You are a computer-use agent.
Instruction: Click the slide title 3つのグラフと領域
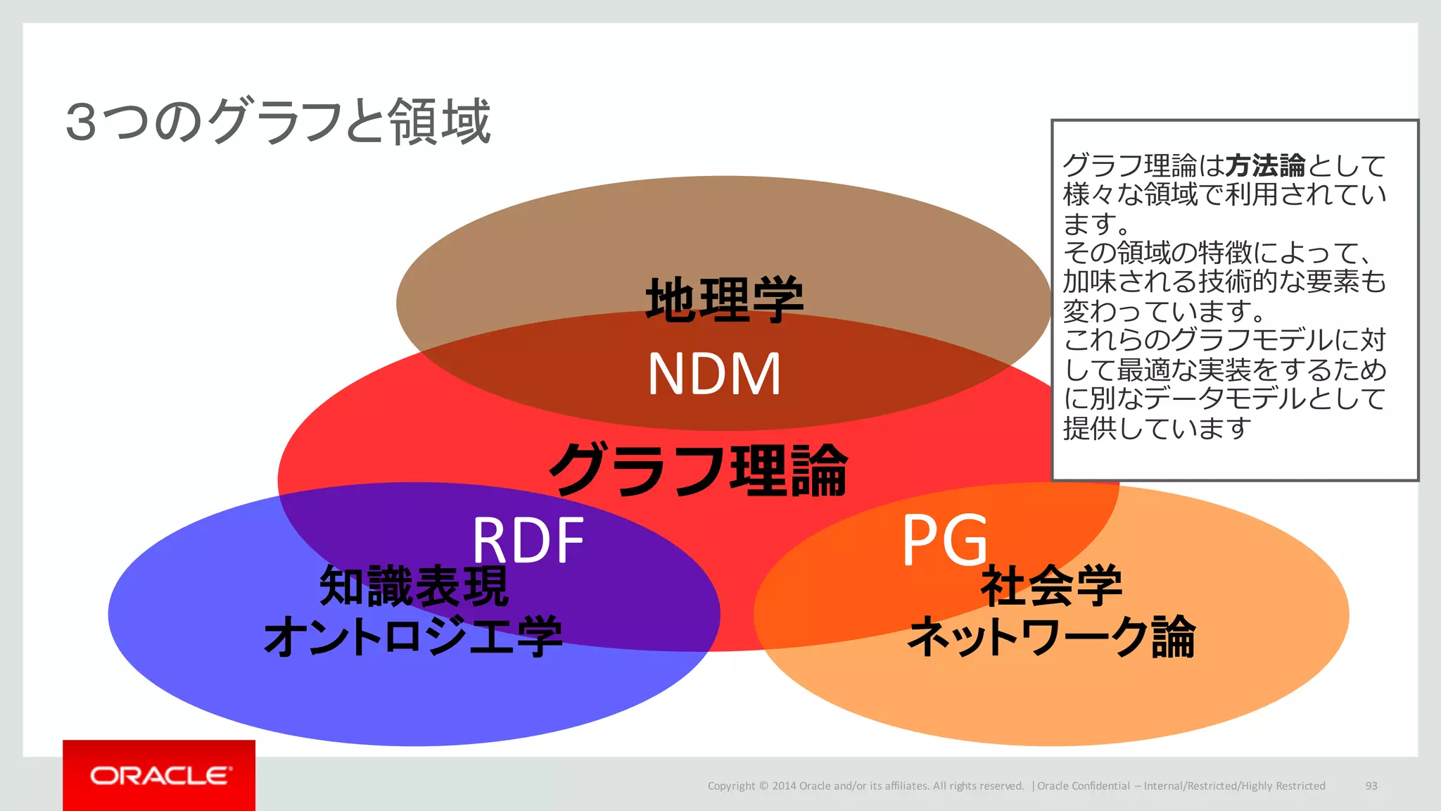(278, 122)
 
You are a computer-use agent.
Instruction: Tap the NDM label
(713, 375)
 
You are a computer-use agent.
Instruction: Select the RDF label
(528, 540)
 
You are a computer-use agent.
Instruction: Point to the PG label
(945, 540)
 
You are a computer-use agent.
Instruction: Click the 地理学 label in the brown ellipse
(724, 299)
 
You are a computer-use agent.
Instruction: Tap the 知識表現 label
(414, 586)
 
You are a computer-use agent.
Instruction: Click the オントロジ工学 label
(413, 636)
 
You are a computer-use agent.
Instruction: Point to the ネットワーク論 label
(1051, 636)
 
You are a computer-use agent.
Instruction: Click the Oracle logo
(160, 776)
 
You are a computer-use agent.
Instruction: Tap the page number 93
(1371, 786)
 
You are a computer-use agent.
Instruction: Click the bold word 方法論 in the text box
(1265, 166)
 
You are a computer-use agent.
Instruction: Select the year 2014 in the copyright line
(784, 786)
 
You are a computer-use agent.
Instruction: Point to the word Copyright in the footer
(731, 786)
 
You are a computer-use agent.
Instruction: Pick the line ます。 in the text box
(1096, 224)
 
